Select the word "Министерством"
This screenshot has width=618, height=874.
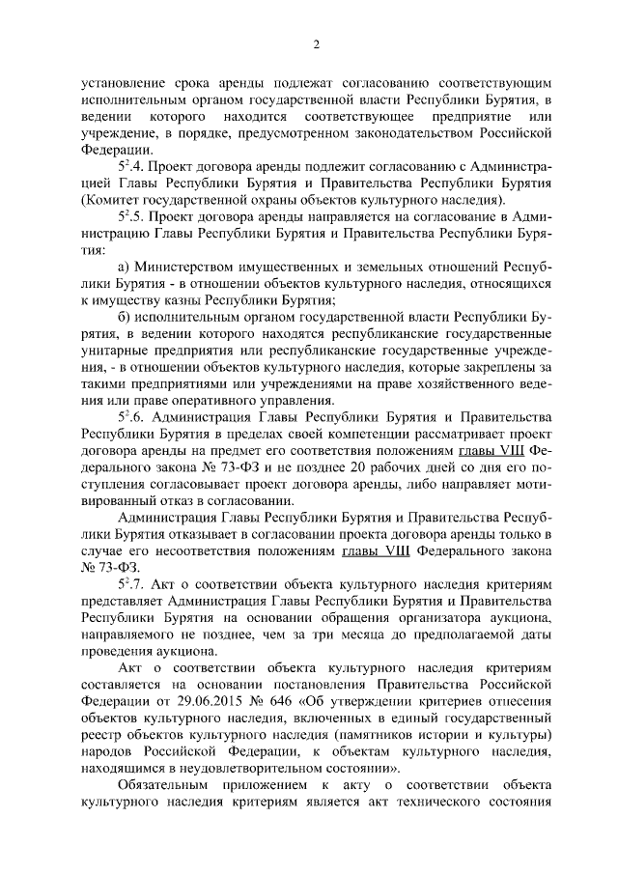187,267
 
